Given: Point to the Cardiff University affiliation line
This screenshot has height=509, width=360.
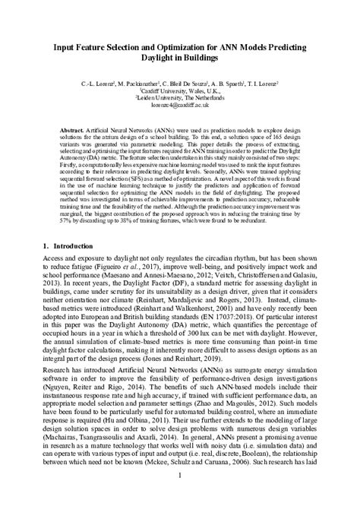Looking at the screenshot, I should point(179,90).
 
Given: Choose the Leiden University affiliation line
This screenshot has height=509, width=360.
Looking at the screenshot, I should point(179,99).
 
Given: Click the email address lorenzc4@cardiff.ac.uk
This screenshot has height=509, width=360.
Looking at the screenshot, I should point(179,107).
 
